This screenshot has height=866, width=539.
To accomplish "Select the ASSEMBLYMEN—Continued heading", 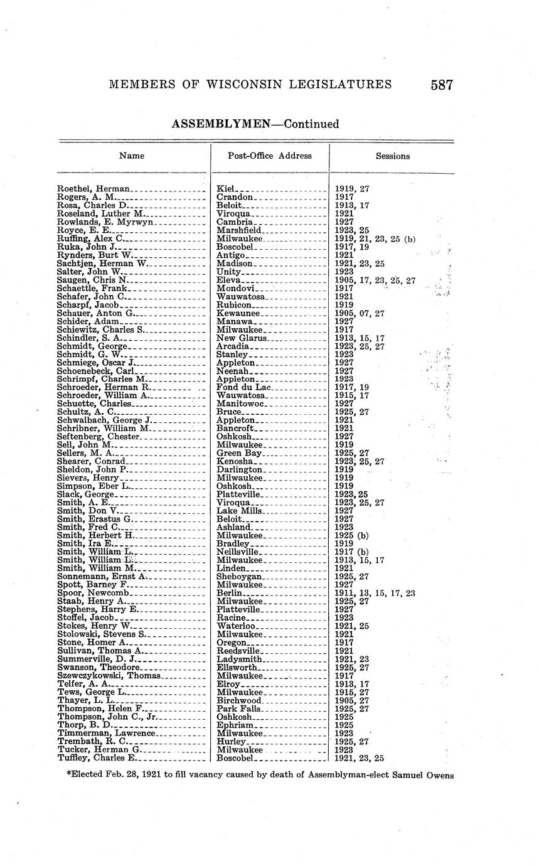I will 255,124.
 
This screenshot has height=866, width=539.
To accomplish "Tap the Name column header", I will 132,156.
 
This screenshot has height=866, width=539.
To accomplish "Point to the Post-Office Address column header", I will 270,156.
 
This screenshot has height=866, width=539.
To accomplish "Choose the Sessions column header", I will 393,156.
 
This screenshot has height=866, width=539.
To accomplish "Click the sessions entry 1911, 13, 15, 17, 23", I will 375,593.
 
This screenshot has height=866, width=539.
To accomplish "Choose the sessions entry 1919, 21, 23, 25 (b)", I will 375,238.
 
